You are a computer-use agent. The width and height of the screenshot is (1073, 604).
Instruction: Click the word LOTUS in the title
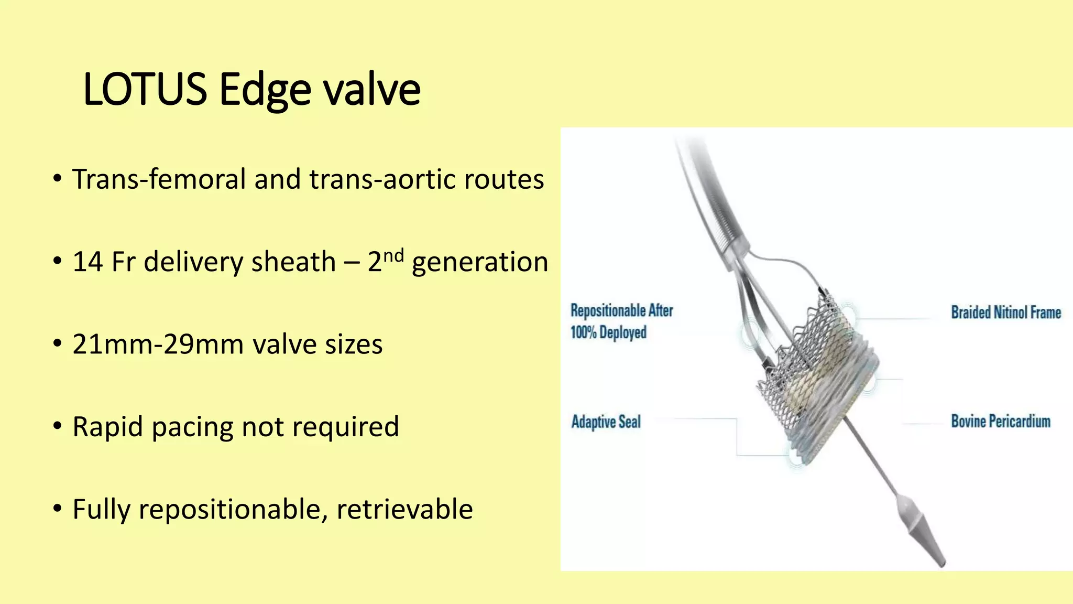pyautogui.click(x=145, y=89)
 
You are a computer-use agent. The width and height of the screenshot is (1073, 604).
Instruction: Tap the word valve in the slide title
pyautogui.click(x=371, y=89)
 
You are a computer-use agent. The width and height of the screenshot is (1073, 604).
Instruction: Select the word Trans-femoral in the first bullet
pyautogui.click(x=159, y=179)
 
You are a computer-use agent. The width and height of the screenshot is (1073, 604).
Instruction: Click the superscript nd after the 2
pyautogui.click(x=393, y=255)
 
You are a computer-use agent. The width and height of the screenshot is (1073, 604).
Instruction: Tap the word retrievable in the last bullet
pyautogui.click(x=404, y=509)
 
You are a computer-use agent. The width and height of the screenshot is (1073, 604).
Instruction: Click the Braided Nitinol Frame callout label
pyautogui.click(x=1006, y=312)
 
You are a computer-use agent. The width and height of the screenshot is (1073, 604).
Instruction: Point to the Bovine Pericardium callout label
pyautogui.click(x=1001, y=422)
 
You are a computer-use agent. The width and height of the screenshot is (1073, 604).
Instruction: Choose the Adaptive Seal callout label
pyautogui.click(x=606, y=422)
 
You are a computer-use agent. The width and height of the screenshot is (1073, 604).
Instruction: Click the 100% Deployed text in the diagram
pyautogui.click(x=608, y=332)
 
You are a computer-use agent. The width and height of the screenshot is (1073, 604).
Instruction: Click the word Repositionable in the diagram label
pyautogui.click(x=608, y=310)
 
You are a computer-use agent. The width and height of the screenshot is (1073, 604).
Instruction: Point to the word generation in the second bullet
pyautogui.click(x=480, y=262)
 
